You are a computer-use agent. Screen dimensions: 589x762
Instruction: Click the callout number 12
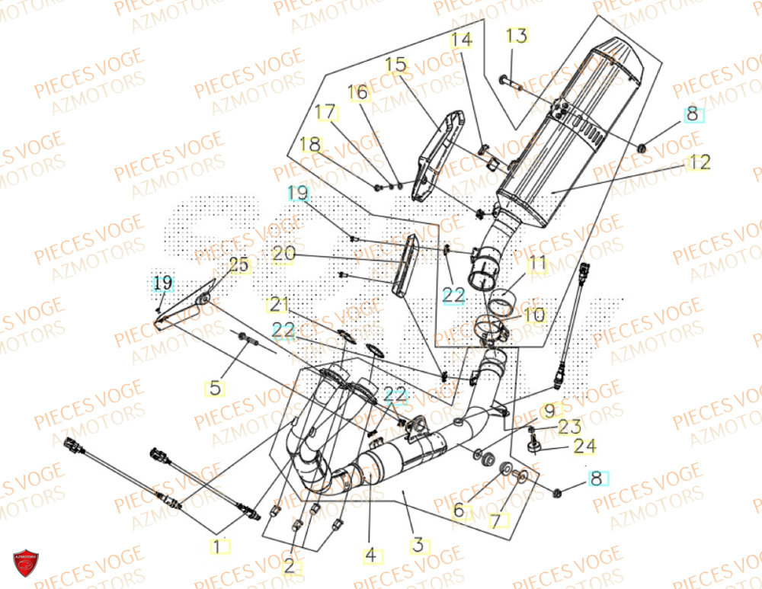700,162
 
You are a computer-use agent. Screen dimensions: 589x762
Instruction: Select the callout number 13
516,36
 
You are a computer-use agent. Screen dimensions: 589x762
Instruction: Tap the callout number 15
396,65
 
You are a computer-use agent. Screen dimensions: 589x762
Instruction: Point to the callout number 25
239,266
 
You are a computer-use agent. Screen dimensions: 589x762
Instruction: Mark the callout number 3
418,546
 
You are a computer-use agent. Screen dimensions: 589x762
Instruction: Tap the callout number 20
283,256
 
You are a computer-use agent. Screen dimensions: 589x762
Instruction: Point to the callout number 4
370,555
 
